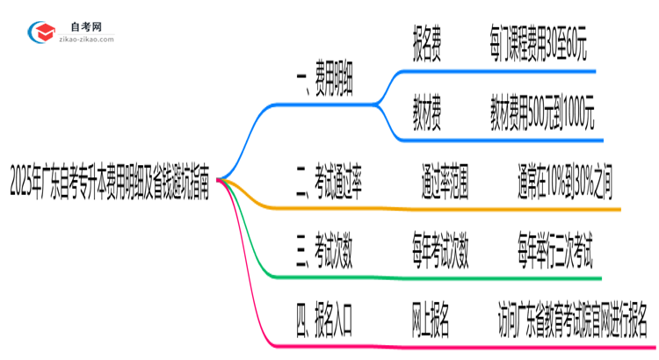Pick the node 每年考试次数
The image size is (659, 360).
(440, 255)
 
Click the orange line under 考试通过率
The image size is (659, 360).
(439, 210)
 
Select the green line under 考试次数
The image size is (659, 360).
(439, 277)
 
